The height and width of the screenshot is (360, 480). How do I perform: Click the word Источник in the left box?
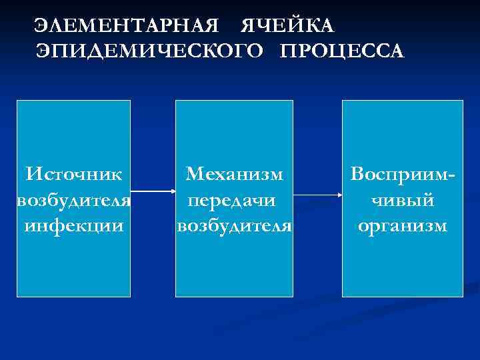pyautogui.click(x=73, y=175)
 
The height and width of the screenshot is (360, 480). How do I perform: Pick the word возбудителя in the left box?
pyautogui.click(x=73, y=200)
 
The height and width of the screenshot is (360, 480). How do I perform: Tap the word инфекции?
pyautogui.click(x=73, y=225)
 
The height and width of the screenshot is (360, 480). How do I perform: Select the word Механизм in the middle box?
pyautogui.click(x=235, y=175)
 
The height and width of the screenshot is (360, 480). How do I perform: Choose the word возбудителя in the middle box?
pyautogui.click(x=234, y=225)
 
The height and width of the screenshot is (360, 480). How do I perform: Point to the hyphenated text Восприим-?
pyautogui.click(x=403, y=175)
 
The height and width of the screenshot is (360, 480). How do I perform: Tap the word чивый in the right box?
pyautogui.click(x=403, y=200)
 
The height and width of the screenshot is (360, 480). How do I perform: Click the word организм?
pyautogui.click(x=403, y=225)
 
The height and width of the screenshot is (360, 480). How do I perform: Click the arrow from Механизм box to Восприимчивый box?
pyautogui.click(x=317, y=195)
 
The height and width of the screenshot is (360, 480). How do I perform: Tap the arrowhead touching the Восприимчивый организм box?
pyautogui.click(x=338, y=195)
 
